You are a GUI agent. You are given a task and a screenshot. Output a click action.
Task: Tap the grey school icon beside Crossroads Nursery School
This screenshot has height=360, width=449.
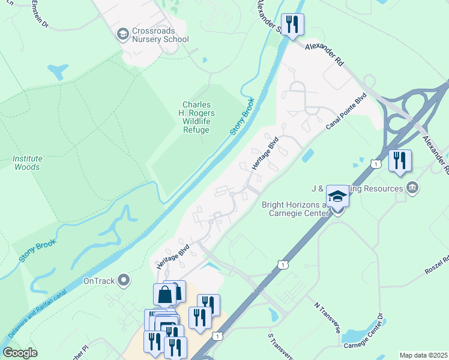point(124,34)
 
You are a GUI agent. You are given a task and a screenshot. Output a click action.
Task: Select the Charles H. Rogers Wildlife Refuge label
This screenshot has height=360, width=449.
point(196,117)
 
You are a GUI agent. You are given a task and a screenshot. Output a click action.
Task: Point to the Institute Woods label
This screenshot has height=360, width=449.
point(28,163)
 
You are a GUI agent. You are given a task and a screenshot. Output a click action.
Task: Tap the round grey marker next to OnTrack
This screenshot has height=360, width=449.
point(124,280)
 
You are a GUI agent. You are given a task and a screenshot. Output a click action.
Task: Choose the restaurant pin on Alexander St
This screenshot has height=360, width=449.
point(292,25)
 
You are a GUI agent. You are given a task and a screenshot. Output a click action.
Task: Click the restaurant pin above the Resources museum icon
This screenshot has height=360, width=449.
point(399,161)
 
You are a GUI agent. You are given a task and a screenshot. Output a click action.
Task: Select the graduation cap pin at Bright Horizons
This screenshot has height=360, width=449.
point(337,196)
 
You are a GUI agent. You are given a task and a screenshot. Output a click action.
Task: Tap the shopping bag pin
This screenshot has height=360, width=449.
point(164,295)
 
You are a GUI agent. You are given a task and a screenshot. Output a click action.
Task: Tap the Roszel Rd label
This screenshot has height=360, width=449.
point(436,266)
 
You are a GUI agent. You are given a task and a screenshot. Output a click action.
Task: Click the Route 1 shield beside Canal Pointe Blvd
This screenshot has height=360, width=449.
point(376,163)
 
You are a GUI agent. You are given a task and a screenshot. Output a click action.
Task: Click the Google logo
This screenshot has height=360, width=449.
point(20,353)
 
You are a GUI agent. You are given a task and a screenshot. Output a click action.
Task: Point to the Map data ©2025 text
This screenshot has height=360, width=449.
point(423,355)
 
